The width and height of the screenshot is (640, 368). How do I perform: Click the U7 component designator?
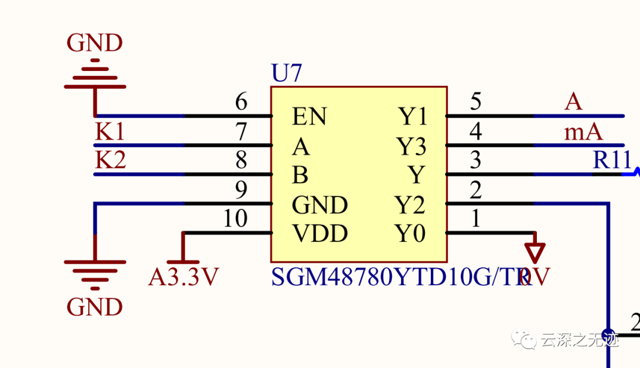[286, 74]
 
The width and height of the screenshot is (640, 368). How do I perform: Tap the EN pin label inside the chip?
[309, 117]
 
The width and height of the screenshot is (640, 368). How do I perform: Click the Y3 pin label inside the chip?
[411, 146]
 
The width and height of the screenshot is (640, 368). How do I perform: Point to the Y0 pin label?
[411, 234]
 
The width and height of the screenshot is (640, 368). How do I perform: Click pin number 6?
[241, 102]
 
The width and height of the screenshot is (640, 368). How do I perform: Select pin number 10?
[235, 219]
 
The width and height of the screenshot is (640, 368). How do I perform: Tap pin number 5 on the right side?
[475, 102]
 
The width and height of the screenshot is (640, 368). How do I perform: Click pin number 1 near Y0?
[475, 219]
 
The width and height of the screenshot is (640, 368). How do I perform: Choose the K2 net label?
[110, 160]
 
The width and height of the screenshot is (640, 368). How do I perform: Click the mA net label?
[583, 132]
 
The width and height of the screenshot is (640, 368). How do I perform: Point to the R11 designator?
[612, 160]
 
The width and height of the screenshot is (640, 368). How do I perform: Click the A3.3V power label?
[183, 277]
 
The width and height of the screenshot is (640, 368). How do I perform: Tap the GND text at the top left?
[95, 43]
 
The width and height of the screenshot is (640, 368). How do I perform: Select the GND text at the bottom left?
[95, 307]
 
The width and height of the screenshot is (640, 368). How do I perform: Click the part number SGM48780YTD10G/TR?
[400, 277]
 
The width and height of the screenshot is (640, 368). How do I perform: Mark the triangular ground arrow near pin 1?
[536, 252]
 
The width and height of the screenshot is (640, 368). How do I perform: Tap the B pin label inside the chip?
[300, 175]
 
